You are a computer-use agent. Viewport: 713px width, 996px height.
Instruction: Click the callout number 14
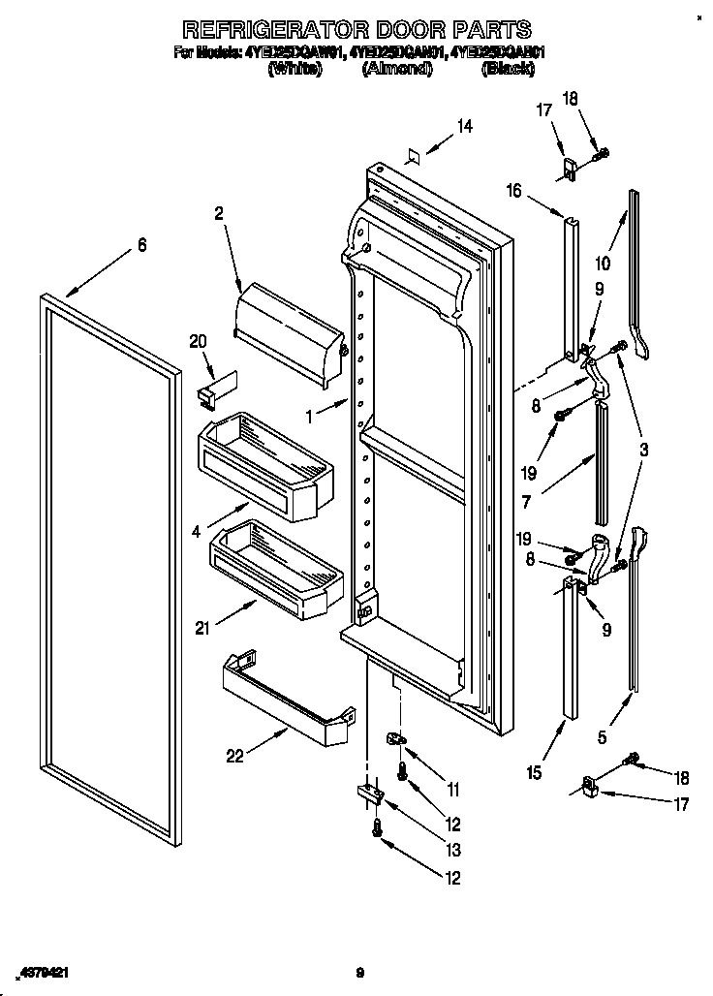click(465, 125)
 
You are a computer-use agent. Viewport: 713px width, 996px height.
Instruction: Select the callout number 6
click(142, 246)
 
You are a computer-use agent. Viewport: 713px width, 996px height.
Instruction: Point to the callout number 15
click(535, 772)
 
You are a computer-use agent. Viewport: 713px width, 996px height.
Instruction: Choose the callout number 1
click(311, 416)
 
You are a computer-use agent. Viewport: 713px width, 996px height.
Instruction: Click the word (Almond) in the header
click(396, 69)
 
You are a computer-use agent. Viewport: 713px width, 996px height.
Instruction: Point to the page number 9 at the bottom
click(357, 972)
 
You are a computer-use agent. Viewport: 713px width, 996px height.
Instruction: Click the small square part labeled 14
click(413, 154)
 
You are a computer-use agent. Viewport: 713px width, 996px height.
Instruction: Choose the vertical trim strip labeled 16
click(573, 281)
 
